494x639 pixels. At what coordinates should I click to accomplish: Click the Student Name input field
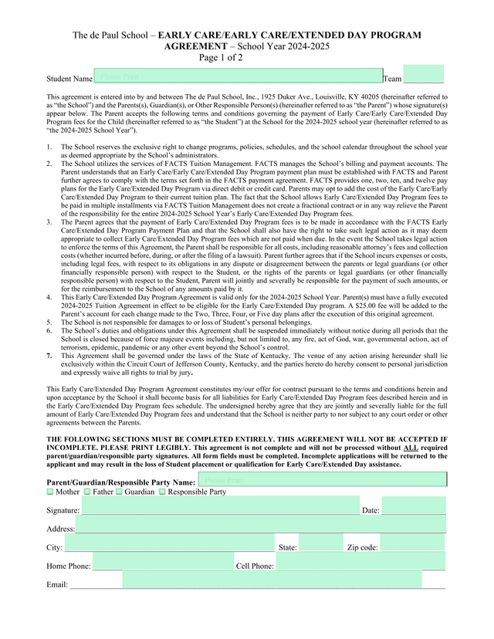pos(238,76)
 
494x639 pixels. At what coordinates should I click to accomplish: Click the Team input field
pos(424,75)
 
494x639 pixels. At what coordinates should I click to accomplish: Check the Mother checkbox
pos(50,492)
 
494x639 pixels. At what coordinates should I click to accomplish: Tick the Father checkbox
pos(87,492)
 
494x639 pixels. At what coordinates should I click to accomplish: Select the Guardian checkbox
pos(119,492)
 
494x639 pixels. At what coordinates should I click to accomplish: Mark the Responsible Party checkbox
pos(162,492)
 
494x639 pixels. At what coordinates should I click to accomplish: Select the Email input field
pos(272,580)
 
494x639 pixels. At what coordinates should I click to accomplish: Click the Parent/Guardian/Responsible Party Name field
pos(322,480)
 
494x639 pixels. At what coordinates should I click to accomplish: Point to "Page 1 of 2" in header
pos(221,58)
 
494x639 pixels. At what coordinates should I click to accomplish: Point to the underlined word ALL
pos(411,448)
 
